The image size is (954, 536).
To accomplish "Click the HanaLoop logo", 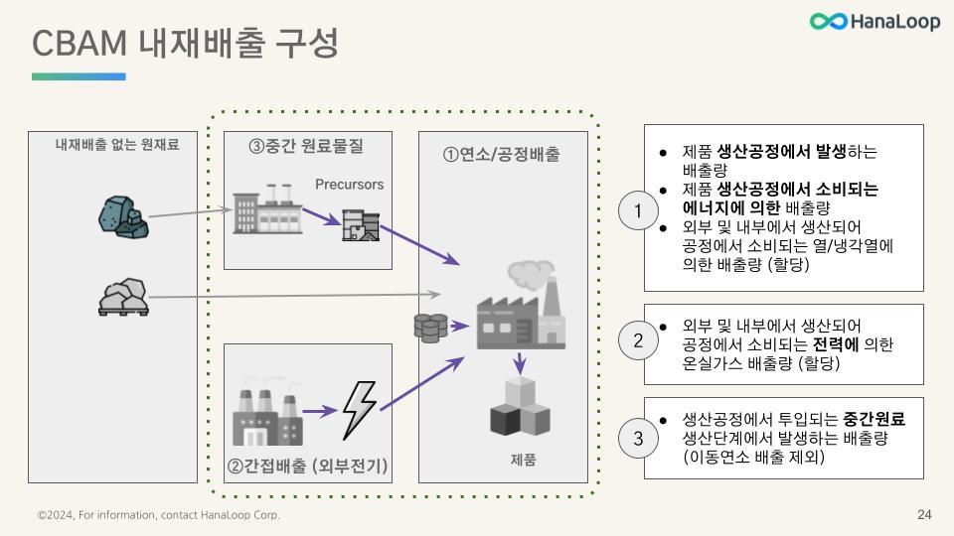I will click(874, 22).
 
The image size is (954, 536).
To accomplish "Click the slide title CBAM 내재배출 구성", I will click(186, 43).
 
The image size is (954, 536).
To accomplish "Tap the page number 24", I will click(924, 514).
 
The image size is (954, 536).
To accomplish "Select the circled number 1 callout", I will click(638, 209).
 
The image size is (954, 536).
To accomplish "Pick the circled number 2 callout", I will click(638, 340).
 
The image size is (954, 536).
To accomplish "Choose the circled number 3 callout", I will click(638, 437).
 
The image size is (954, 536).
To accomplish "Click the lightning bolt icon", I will click(359, 409).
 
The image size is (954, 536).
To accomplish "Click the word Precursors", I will click(349, 185).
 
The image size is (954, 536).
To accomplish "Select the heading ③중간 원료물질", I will click(306, 146).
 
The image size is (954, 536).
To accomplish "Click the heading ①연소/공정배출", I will click(501, 154).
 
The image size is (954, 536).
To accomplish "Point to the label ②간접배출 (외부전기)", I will click(307, 466).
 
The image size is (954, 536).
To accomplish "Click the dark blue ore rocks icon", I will click(125, 216).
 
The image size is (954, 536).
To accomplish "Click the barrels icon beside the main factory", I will click(430, 327).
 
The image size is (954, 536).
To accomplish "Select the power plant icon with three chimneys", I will click(266, 412).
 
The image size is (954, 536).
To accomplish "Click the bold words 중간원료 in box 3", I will click(874, 419).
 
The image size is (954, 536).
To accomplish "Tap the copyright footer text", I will click(159, 515).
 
